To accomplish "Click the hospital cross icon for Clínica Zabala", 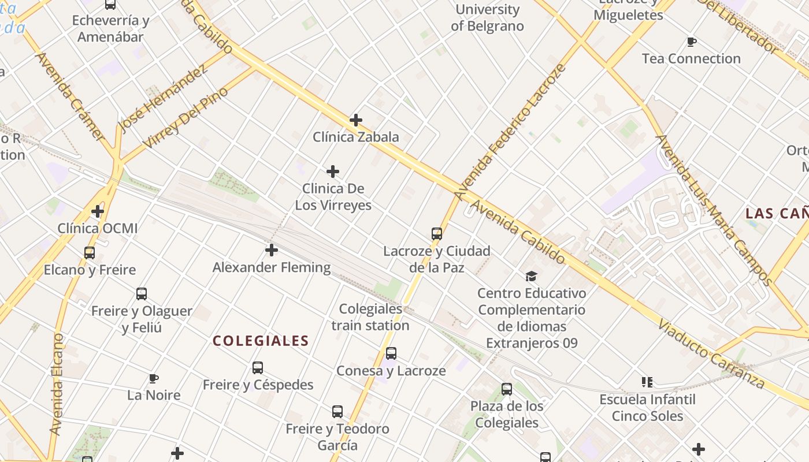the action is pyautogui.click(x=356, y=120).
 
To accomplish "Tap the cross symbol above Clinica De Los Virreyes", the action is pyautogui.click(x=333, y=172).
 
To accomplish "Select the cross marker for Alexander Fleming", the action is pyautogui.click(x=272, y=250).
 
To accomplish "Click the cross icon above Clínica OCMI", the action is pyautogui.click(x=98, y=211).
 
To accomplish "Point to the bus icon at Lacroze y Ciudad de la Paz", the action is pyautogui.click(x=437, y=234).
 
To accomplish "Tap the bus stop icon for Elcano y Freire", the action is pyautogui.click(x=90, y=253).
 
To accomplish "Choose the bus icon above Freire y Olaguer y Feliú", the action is pyautogui.click(x=142, y=294).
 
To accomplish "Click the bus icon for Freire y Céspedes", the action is pyautogui.click(x=258, y=368).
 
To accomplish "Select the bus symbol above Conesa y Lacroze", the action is pyautogui.click(x=391, y=353).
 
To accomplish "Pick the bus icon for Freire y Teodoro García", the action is pyautogui.click(x=337, y=412).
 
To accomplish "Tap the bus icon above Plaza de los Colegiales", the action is pyautogui.click(x=507, y=389).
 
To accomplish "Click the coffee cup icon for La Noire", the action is pyautogui.click(x=154, y=379).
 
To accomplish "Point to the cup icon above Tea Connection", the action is pyautogui.click(x=691, y=42).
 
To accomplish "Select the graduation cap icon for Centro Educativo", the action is pyautogui.click(x=532, y=277).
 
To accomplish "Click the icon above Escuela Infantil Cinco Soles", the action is pyautogui.click(x=647, y=382).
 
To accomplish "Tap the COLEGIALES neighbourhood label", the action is pyautogui.click(x=261, y=341).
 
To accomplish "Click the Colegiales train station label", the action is pyautogui.click(x=370, y=317).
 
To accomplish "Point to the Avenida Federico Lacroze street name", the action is pyautogui.click(x=509, y=133).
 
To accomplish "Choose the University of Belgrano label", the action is pyautogui.click(x=487, y=17).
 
